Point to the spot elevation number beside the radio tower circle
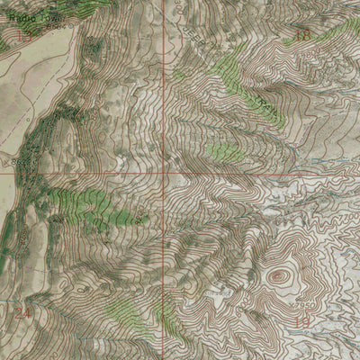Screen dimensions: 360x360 pyautogui.click(x=59, y=28)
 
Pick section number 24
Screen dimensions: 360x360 pyautogui.click(x=22, y=312)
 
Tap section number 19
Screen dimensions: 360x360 pyautogui.click(x=302, y=321)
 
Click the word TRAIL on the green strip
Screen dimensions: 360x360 pyautogui.click(x=261, y=103)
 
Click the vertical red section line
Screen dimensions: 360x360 pyautogui.click(x=164, y=90)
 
